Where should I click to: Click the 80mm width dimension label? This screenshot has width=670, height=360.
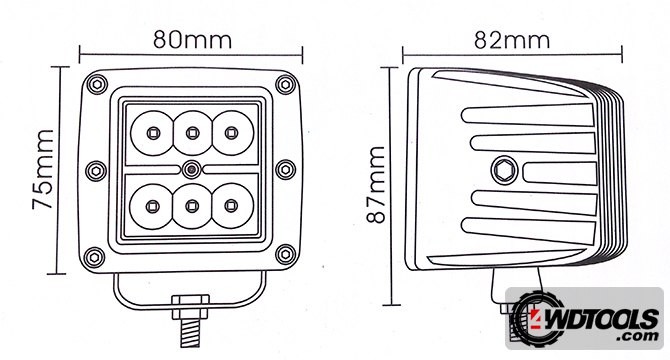pos(193,39)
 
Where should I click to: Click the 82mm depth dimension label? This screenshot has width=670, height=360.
pos(512,40)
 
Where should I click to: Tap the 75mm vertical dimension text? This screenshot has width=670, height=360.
pos(43,170)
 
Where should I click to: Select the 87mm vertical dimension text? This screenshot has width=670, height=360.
pos(376,184)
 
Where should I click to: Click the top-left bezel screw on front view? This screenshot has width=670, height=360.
pos(97,84)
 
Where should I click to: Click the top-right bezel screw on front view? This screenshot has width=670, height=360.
pos(285,84)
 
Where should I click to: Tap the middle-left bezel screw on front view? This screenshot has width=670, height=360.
pos(96,171)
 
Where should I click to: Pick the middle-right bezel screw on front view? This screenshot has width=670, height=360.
pos(285,170)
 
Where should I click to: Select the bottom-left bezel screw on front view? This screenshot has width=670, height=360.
pos(94,257)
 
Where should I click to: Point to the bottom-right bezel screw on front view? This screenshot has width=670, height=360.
pos(285,255)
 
